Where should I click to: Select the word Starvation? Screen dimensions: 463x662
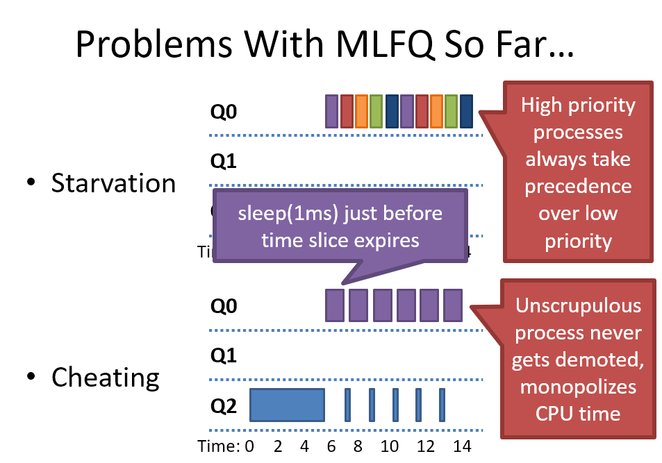[x=113, y=183]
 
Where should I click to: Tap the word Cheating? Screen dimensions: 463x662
[x=106, y=378]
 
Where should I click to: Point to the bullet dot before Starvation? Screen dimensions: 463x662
[x=31, y=183]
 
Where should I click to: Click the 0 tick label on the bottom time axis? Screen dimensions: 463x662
[x=250, y=444]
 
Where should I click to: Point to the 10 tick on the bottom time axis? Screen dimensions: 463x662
[x=390, y=444]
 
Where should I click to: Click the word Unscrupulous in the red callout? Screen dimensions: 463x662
[x=577, y=306]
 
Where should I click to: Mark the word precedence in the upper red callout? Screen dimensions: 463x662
[x=577, y=187]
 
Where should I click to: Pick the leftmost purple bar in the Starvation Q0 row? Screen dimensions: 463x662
[x=331, y=111]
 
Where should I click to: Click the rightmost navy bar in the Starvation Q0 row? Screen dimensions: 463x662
[x=466, y=111]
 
